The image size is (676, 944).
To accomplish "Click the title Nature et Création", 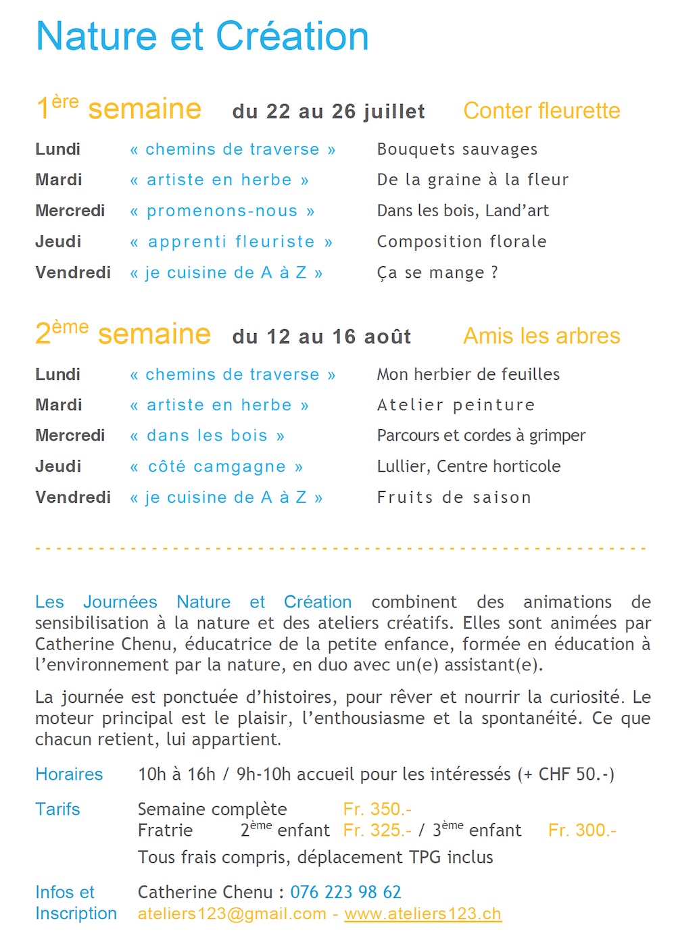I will tap(202, 36).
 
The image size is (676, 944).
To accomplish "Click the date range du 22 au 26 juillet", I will tap(329, 111).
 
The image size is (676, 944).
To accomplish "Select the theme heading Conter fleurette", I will tap(541, 111).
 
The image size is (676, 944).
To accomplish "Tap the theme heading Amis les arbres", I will tap(541, 336).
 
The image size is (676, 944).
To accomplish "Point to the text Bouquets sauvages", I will tap(457, 149).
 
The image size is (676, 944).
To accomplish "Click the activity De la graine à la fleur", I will tap(473, 180).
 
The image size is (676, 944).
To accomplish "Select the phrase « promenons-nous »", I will tap(222, 211).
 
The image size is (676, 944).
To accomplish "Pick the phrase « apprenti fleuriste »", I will tap(231, 242).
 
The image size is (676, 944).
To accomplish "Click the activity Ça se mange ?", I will tap(437, 273).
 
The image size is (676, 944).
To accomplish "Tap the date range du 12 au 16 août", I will tap(322, 337).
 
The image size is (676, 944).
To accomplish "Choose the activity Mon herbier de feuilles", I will tap(468, 374).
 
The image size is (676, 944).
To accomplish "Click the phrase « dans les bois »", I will tap(208, 436).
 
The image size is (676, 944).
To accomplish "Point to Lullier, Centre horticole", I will tap(468, 466).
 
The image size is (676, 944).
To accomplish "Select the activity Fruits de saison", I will tap(454, 497).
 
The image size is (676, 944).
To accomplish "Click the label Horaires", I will tap(69, 774).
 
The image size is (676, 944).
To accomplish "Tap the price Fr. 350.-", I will tap(377, 810).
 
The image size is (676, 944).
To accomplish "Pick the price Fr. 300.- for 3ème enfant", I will tap(582, 830).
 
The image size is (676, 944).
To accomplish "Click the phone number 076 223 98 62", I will tap(345, 893).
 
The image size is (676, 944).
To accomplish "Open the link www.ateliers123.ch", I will tap(422, 914).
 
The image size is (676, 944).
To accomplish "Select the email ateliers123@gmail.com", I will tap(232, 914).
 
